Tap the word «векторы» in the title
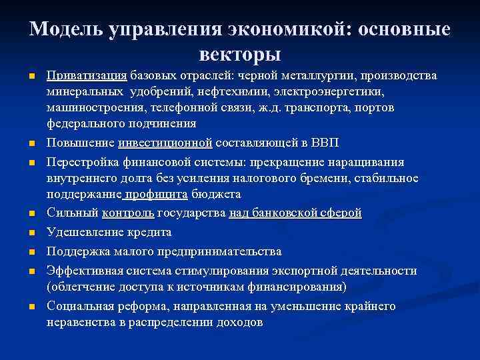click(x=240, y=54)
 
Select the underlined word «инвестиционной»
click(x=165, y=142)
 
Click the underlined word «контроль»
click(x=129, y=213)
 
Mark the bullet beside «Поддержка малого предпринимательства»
click(x=32, y=253)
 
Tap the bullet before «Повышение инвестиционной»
click(x=32, y=143)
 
